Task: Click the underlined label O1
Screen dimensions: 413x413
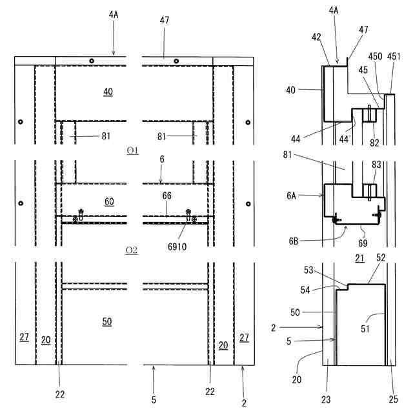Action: point(132,151)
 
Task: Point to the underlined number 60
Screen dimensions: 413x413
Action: point(109,202)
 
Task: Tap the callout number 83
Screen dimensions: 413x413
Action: point(377,166)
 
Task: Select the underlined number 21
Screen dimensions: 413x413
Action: point(360,258)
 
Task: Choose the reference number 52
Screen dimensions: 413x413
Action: point(381,258)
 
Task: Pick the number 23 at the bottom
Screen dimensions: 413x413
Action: point(327,399)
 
